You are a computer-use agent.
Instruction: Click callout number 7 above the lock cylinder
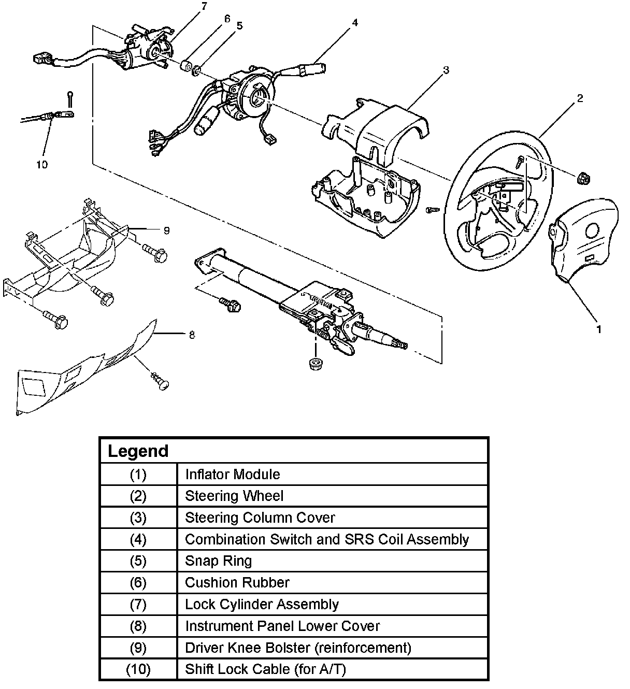(204, 6)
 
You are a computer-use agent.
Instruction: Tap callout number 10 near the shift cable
(42, 164)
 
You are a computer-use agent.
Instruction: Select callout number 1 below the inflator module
(599, 328)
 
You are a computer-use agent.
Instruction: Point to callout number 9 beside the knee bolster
(166, 231)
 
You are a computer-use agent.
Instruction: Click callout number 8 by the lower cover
(192, 335)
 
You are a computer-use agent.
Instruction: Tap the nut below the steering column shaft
(313, 364)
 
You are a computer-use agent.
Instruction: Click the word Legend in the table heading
(138, 451)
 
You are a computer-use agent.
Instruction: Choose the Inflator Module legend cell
(233, 474)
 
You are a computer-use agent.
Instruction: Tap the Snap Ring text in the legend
(219, 561)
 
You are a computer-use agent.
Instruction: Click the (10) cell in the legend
(138, 669)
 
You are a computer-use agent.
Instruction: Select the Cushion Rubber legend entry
(237, 582)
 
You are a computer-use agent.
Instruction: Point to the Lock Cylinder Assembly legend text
(262, 604)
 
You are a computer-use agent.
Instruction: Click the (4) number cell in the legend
(138, 539)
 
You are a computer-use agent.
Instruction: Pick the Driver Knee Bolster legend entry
(298, 648)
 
